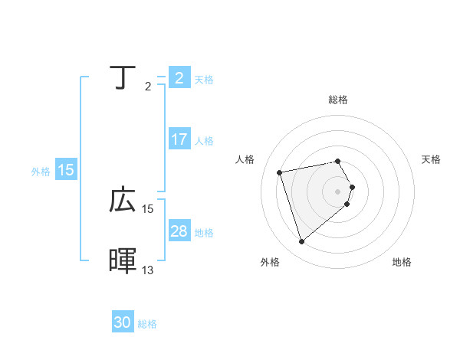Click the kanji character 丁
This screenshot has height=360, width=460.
(123, 77)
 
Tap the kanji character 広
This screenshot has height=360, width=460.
(123, 200)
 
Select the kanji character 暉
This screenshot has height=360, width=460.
(123, 261)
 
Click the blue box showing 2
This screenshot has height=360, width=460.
(179, 78)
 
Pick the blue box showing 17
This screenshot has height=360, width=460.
(179, 140)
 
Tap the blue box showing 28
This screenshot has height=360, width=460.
(179, 231)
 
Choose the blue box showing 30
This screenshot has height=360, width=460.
(123, 322)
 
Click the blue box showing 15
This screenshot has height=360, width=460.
(66, 171)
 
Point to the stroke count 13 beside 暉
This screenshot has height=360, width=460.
(148, 270)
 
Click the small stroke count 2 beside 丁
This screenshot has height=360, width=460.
(147, 87)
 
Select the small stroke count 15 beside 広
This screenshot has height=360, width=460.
(148, 208)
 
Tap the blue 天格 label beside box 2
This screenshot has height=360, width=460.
(204, 80)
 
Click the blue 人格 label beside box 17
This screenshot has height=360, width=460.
(204, 141)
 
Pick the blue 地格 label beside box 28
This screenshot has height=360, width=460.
(204, 233)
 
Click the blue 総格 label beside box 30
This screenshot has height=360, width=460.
(147, 324)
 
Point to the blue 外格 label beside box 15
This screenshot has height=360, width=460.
(41, 172)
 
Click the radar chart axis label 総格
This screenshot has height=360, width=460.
(338, 100)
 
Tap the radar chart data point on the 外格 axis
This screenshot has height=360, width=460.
(301, 242)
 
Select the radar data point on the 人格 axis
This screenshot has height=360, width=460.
(280, 172)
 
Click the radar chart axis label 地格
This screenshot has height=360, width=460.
(402, 263)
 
